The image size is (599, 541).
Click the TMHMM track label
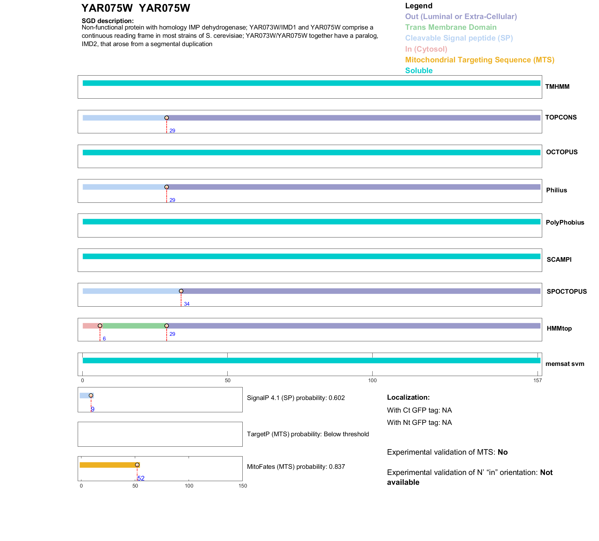557,87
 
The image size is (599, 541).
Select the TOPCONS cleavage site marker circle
166,118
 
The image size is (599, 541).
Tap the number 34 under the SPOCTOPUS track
186,304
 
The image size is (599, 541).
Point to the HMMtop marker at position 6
100,326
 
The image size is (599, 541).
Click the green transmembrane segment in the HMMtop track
133,326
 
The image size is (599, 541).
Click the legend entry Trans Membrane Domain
451,27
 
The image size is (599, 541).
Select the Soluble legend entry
419,71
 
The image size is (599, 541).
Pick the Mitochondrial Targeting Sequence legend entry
480,60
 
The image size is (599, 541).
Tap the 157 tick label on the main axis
538,381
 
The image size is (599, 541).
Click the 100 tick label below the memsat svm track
372,381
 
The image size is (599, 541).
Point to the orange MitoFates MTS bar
108,465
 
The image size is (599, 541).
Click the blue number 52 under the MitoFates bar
141,478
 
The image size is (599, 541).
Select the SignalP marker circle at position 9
91,395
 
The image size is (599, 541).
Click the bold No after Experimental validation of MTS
503,452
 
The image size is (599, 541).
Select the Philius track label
556,190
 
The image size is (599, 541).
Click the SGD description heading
108,21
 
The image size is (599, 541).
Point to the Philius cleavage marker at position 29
166,187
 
